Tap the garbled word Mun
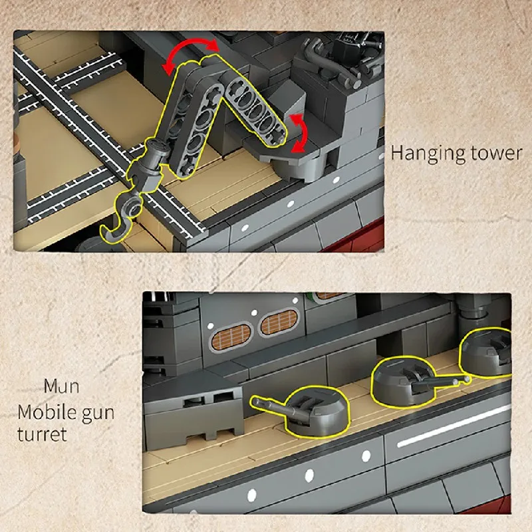[62, 386]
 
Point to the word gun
[98, 414]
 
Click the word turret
[42, 435]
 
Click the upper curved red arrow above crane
[190, 51]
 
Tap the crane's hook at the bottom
[120, 221]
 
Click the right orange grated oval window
[279, 321]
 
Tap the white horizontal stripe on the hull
[454, 427]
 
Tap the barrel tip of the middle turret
[467, 378]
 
